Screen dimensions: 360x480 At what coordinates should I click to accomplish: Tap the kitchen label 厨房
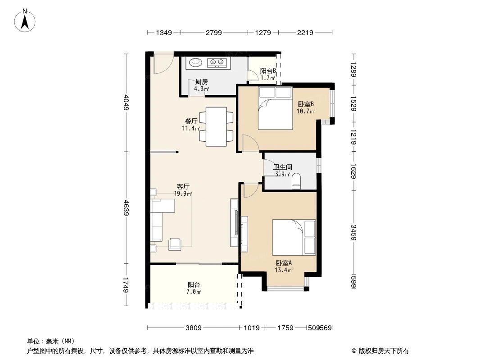[x=201, y=82]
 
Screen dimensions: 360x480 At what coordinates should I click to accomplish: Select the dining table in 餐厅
[x=216, y=126]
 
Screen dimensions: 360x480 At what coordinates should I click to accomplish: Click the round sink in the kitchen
[x=195, y=63]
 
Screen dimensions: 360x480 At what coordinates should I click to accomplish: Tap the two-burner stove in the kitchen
[x=217, y=63]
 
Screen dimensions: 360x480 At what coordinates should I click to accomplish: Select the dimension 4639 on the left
[x=127, y=208]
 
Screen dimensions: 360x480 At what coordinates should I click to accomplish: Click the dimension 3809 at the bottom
[x=194, y=328]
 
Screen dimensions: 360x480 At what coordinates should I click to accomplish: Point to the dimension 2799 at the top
[x=214, y=32]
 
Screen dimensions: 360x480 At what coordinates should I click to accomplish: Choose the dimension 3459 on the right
[x=354, y=232]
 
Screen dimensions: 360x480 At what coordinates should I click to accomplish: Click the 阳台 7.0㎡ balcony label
[x=194, y=288]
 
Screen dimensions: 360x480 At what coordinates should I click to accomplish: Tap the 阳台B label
[x=268, y=71]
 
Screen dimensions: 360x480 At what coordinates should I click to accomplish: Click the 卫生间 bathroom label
[x=283, y=167]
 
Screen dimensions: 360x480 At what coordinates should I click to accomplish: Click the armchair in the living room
[x=175, y=244]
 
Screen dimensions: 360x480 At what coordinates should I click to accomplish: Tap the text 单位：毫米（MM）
[x=51, y=341]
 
